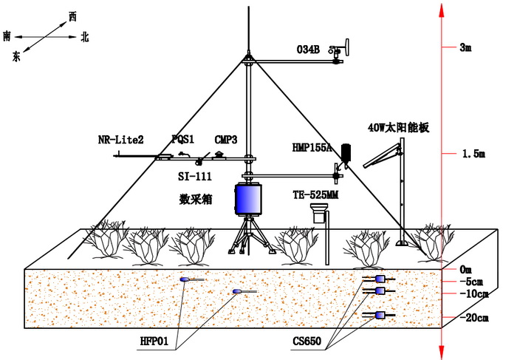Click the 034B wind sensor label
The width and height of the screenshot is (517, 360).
[307, 50]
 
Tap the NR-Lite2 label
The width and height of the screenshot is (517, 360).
[120, 140]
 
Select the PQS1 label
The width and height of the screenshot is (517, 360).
[182, 139]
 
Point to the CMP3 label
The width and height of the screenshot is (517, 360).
[225, 139]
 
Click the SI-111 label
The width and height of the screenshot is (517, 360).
[195, 177]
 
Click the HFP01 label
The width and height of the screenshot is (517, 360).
[154, 341]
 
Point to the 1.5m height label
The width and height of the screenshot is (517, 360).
[473, 154]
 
